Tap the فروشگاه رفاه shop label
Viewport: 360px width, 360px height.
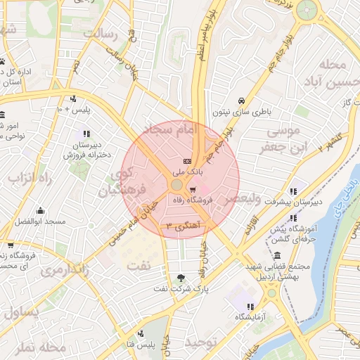(193, 200)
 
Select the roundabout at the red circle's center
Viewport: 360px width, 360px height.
(176, 185)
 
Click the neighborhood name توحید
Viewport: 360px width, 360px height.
(204, 342)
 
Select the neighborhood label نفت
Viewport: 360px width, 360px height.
(138, 266)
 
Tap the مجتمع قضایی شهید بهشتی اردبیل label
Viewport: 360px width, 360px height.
(273, 273)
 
